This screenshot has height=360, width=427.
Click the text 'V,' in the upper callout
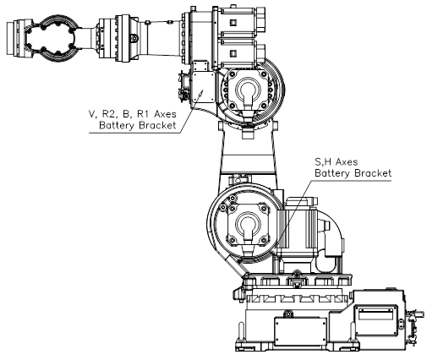(92, 114)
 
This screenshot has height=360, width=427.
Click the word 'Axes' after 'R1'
(165, 114)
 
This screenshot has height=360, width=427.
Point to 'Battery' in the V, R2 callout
(117, 125)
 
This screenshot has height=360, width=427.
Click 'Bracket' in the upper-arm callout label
(157, 125)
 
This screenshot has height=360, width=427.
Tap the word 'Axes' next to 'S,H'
(347, 161)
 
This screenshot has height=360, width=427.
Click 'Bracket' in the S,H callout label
(373, 172)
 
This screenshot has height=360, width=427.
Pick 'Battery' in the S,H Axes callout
(332, 173)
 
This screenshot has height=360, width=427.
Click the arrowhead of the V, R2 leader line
(201, 92)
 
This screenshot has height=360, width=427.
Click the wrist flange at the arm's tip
(12, 37)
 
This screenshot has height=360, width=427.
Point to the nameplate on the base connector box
(375, 314)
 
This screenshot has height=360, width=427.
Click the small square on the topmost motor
(233, 22)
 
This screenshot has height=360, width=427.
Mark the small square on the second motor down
(233, 53)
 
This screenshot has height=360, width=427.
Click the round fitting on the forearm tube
(134, 38)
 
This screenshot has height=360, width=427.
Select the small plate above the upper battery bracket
(200, 65)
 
